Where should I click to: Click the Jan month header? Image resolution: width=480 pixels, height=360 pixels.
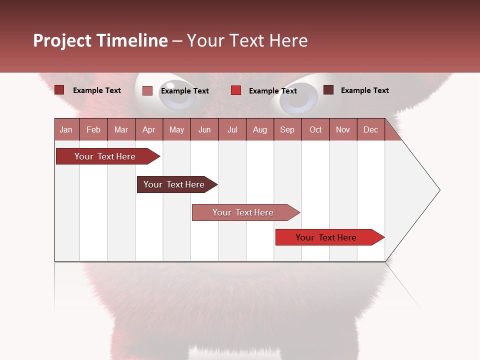pyautogui.click(x=66, y=129)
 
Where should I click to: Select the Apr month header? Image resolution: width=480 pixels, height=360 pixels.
pyautogui.click(x=148, y=129)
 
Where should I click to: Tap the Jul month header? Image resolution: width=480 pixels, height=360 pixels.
pyautogui.click(x=232, y=129)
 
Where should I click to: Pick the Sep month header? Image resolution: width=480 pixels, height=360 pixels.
pyautogui.click(x=287, y=129)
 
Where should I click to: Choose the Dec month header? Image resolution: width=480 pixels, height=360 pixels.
pyautogui.click(x=370, y=129)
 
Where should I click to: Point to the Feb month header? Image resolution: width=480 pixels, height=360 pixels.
pyautogui.click(x=93, y=129)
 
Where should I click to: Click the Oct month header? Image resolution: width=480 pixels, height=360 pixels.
pyautogui.click(x=315, y=129)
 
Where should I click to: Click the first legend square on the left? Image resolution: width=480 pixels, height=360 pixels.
pyautogui.click(x=59, y=90)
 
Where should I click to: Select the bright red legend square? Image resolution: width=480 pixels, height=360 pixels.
pyautogui.click(x=236, y=90)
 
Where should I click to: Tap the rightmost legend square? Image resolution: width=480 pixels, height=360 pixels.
pyautogui.click(x=328, y=90)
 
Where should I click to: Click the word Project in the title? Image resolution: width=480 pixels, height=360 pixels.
pyautogui.click(x=62, y=40)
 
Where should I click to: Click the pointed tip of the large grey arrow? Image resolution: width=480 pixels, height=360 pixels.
pyautogui.click(x=439, y=190)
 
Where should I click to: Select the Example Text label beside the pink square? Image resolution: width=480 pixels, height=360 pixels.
pyautogui.click(x=184, y=91)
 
